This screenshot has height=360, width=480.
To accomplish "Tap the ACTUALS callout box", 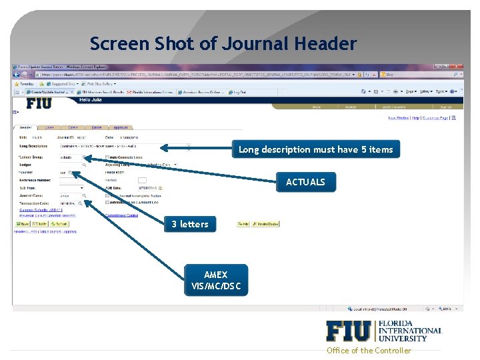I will [305, 182].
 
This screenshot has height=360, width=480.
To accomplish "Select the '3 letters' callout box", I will [190, 224].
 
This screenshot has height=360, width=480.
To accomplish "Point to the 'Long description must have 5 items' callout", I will [315, 149].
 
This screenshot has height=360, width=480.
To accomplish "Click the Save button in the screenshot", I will [23, 224].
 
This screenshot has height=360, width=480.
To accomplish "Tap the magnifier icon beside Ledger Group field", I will [85, 158].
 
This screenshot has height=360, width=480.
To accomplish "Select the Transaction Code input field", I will [70, 203].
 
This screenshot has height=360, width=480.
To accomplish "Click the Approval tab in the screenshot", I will [120, 127].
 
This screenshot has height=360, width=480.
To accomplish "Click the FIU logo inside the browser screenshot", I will [39, 103].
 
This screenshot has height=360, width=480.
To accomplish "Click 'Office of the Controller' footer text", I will [369, 351].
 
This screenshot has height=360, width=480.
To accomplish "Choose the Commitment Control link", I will [121, 215].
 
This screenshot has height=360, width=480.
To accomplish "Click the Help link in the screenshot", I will [415, 118].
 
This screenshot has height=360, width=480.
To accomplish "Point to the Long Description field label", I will [33, 146].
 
